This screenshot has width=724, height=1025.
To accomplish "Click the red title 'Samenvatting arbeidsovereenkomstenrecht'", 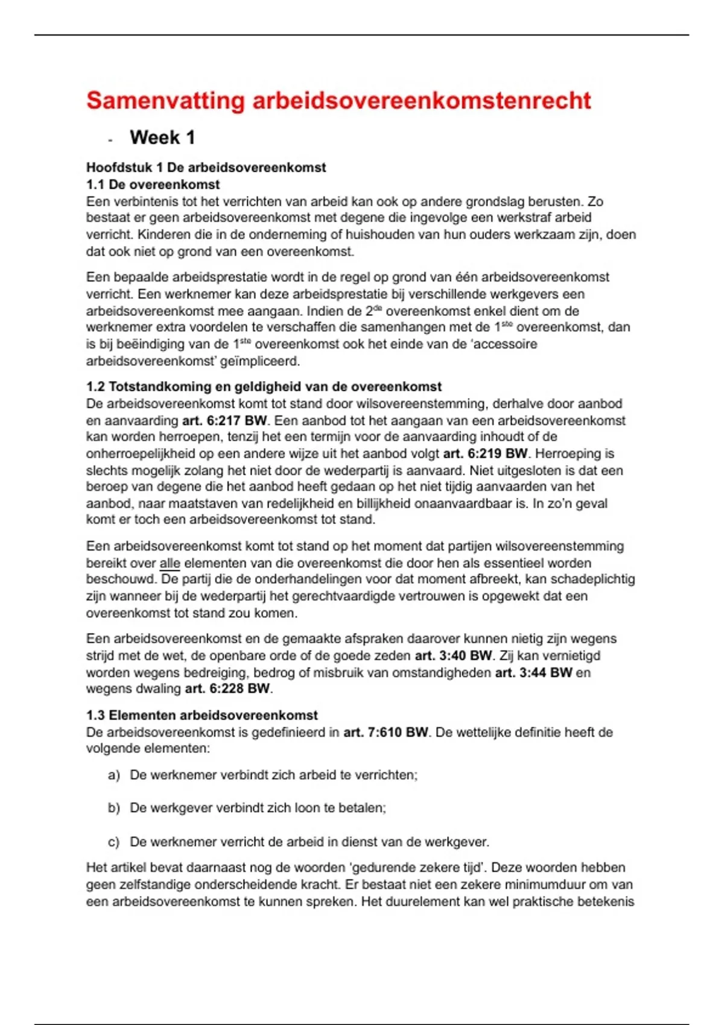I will coord(338,101).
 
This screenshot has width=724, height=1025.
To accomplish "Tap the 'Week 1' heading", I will coord(162,137).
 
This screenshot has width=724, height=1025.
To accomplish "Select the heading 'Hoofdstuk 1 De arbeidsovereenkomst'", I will coord(206,168).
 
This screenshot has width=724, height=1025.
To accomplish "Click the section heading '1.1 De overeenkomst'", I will coord(153,184).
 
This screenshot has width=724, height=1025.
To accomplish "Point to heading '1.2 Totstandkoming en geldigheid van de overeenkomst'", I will coord(264,386).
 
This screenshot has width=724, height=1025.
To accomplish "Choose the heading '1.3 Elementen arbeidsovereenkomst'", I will coord(202,715).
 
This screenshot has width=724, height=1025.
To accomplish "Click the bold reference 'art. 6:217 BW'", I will coord(224,421).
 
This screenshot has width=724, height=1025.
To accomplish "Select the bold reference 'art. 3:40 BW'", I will coord(453,655).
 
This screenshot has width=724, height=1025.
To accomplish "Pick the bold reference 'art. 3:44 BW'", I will coord(533,672).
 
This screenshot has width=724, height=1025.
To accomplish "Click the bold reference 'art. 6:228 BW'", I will coord(227,689).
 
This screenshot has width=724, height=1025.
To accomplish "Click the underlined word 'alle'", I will coord(170,563).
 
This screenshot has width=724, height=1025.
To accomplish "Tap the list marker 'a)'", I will coord(114,775).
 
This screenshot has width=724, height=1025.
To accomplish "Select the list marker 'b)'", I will coord(114,808).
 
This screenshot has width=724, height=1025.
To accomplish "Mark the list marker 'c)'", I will coord(114,842).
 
